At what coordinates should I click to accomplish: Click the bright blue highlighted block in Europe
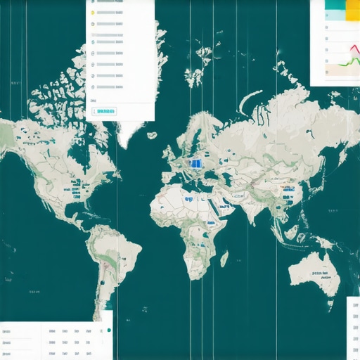click(197, 163)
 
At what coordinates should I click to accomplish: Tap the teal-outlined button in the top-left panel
click(105, 111)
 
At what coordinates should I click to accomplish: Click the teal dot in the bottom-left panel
click(109, 330)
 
